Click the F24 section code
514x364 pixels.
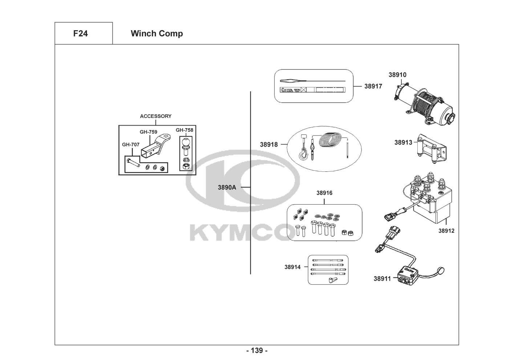pyautogui.click(x=80, y=33)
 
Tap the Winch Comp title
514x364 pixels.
pyautogui.click(x=157, y=33)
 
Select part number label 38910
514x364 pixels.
pyautogui.click(x=397, y=75)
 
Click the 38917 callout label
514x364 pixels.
pyautogui.click(x=373, y=86)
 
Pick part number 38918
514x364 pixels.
pyautogui.click(x=269, y=145)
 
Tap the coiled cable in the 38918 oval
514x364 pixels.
pyautogui.click(x=330, y=140)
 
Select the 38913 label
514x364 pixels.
pyautogui.click(x=403, y=142)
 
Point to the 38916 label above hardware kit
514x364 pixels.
pyautogui.click(x=324, y=193)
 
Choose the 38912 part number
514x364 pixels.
pyautogui.click(x=446, y=231)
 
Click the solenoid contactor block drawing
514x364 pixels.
pyautogui.click(x=430, y=198)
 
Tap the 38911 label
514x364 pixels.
pyautogui.click(x=382, y=279)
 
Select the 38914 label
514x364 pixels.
pyautogui.click(x=292, y=267)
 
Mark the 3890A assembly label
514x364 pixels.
pyautogui.click(x=227, y=187)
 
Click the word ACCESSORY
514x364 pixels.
pyautogui.click(x=155, y=116)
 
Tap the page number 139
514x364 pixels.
pyautogui.click(x=257, y=351)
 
